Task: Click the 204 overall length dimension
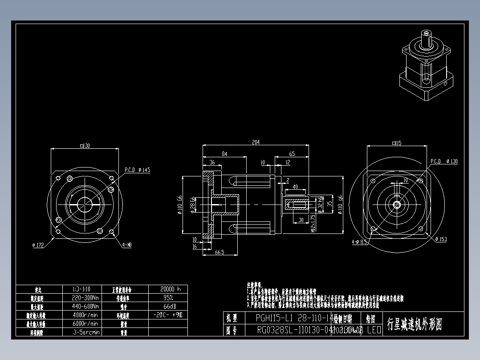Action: point(256,143)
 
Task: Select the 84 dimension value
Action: point(224,154)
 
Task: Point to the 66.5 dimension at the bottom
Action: point(219,252)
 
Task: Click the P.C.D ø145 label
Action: point(137,170)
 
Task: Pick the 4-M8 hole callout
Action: point(127,245)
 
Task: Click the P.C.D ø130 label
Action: point(444,161)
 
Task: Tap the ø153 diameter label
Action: point(441,239)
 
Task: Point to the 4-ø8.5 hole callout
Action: point(359,242)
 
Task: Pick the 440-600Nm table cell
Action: point(85,306)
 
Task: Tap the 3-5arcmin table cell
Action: point(86,332)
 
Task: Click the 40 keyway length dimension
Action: point(295,187)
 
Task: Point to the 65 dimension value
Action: point(292,154)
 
